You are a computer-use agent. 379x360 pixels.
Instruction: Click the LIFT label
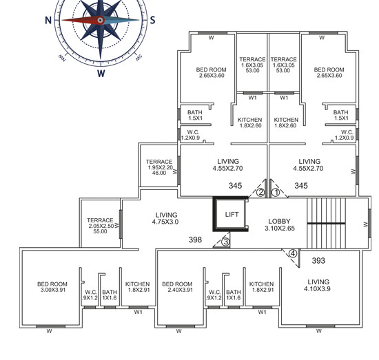tap(232, 214)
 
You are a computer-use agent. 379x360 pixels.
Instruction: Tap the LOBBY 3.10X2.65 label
tap(280, 225)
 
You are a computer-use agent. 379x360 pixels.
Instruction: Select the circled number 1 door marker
tap(276, 193)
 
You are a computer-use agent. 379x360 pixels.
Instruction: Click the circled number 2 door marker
tap(260, 193)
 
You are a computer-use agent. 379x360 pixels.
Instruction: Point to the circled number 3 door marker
tap(225, 242)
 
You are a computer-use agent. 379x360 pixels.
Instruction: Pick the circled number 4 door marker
tap(293, 254)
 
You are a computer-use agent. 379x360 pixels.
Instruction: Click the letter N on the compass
tap(48, 20)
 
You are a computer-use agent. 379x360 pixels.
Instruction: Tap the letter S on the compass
tap(152, 20)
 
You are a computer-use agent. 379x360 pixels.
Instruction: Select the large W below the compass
tap(101, 73)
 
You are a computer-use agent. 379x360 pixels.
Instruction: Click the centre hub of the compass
tap(101, 20)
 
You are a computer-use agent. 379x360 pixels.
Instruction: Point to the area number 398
tap(195, 240)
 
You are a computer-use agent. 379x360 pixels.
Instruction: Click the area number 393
tap(318, 260)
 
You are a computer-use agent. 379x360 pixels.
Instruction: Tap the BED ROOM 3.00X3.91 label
tap(52, 287)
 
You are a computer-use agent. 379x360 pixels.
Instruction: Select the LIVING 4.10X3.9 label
tap(318, 285)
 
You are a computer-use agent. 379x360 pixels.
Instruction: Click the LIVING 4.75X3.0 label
tap(165, 218)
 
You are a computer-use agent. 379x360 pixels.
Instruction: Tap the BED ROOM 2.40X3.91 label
tap(177, 287)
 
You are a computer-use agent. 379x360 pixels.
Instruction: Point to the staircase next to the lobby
tap(326, 223)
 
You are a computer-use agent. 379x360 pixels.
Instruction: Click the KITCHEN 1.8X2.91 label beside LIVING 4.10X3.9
tap(262, 287)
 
